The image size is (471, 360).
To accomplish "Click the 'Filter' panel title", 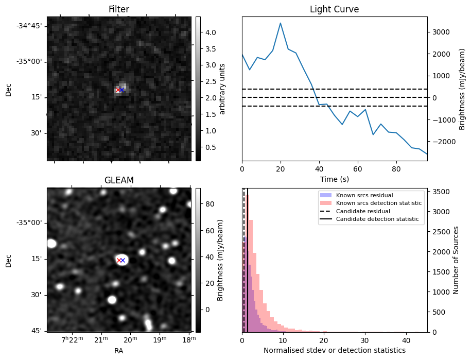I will tap(118, 9).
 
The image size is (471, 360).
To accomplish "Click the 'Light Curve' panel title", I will tap(334, 9).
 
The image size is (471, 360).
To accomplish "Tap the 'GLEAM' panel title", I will tap(118, 180).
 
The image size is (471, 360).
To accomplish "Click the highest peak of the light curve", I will tap(281, 23).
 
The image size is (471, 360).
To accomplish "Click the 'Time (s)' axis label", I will tap(334, 178).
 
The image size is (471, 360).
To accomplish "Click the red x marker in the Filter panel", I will tap(118, 90).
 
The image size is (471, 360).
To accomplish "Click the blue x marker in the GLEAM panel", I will tap(123, 260).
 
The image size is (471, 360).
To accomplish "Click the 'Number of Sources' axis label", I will tap(456, 260).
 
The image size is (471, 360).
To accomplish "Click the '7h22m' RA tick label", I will tap(72, 339).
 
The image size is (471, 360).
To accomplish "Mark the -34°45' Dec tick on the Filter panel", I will tap(31, 26).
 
